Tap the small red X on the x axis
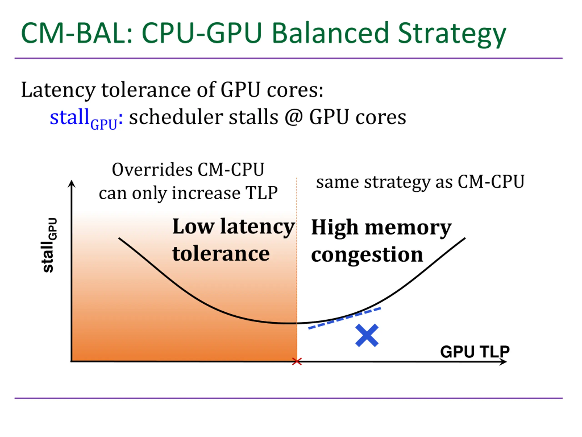(297, 362)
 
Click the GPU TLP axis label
(475, 352)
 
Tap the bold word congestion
(367, 255)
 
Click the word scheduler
(176, 117)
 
